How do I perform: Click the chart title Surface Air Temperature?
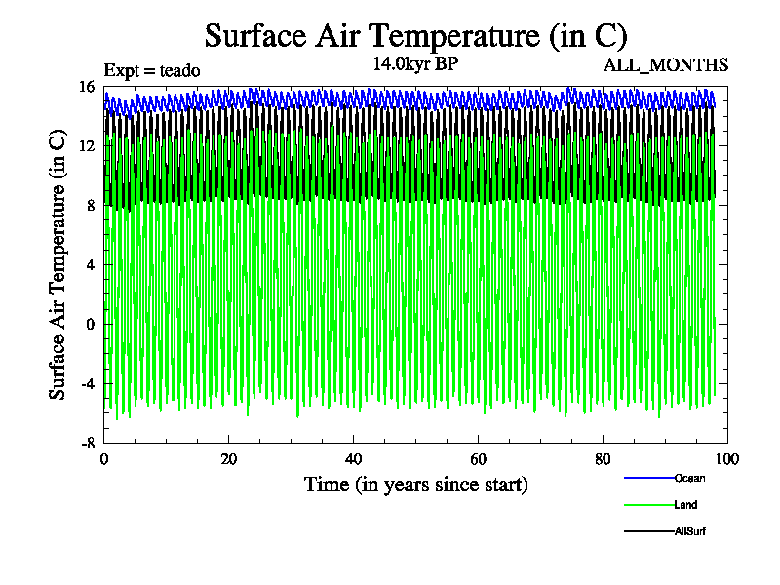pyautogui.click(x=415, y=36)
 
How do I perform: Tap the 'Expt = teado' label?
pyautogui.click(x=151, y=69)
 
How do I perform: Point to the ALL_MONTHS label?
pyautogui.click(x=666, y=65)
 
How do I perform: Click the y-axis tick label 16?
pyautogui.click(x=87, y=87)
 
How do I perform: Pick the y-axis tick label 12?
pyautogui.click(x=87, y=146)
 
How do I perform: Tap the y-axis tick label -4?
pyautogui.click(x=87, y=383)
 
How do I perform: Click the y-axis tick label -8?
pyautogui.click(x=87, y=442)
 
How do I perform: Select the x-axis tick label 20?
pyautogui.click(x=228, y=459)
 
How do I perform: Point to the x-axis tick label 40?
pyautogui.click(x=353, y=459)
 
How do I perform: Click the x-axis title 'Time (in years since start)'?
pyautogui.click(x=416, y=484)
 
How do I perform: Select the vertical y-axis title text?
pyautogui.click(x=58, y=263)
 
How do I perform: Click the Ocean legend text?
pyautogui.click(x=689, y=478)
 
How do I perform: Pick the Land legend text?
pyautogui.click(x=685, y=505)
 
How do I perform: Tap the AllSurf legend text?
pyautogui.click(x=689, y=531)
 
